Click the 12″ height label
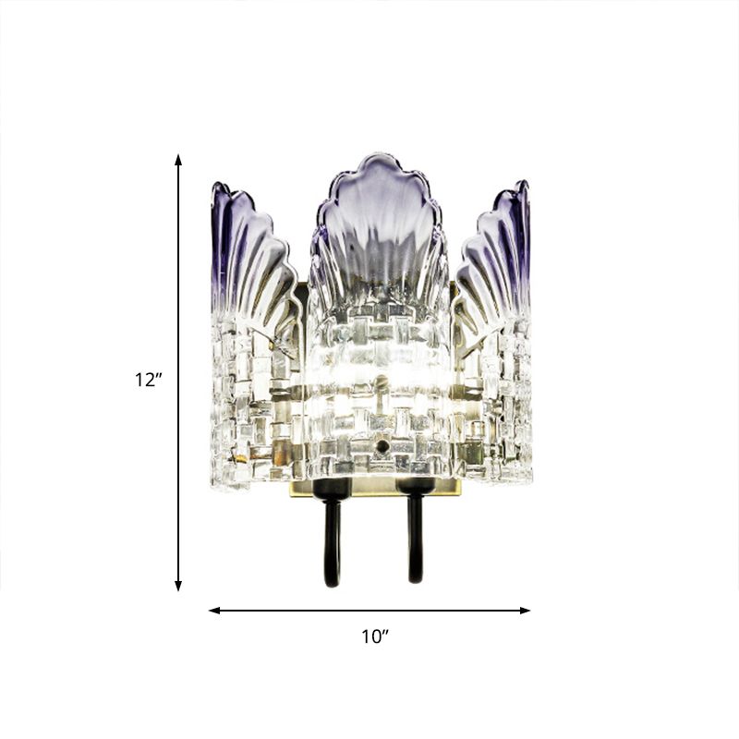click(148, 379)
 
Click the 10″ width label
click(374, 636)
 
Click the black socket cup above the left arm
click(332, 486)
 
